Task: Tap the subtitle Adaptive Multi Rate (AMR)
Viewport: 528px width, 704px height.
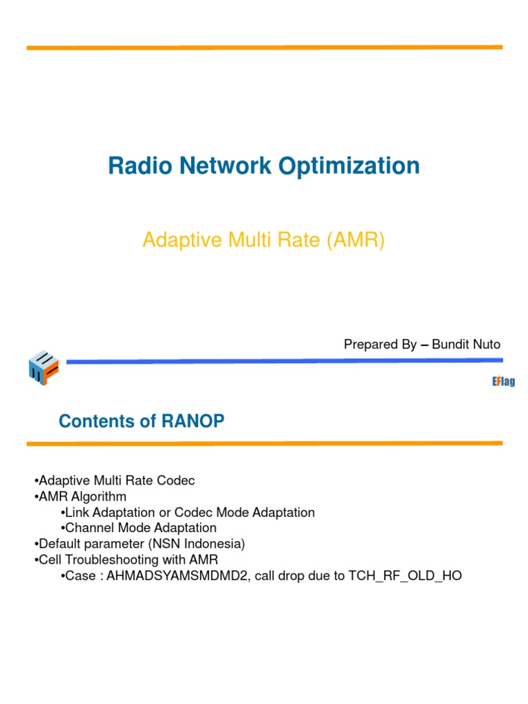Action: [263, 241]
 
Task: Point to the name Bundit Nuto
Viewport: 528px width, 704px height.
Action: [466, 344]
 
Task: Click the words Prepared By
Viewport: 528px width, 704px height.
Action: [380, 344]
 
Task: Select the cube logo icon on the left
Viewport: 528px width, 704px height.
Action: [43, 368]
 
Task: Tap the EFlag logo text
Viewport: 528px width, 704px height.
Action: [503, 382]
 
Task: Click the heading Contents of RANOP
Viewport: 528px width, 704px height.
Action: [142, 421]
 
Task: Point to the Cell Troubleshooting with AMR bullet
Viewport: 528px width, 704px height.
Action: [127, 560]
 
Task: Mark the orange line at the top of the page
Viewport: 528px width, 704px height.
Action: [264, 47]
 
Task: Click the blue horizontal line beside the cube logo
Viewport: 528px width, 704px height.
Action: [282, 360]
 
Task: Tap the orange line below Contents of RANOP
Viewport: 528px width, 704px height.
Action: [264, 443]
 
